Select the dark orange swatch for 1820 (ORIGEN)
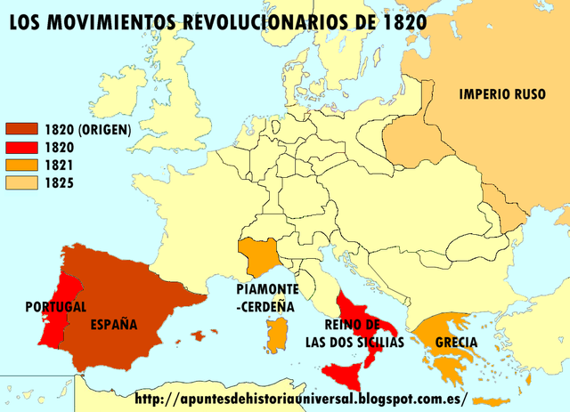(x=22, y=130)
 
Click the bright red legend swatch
(x=22, y=148)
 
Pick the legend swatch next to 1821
(x=22, y=166)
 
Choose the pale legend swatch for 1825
(x=22, y=183)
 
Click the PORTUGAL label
(x=56, y=307)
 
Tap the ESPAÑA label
(x=114, y=325)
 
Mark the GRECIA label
(x=456, y=342)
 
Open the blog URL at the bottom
(x=301, y=398)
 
